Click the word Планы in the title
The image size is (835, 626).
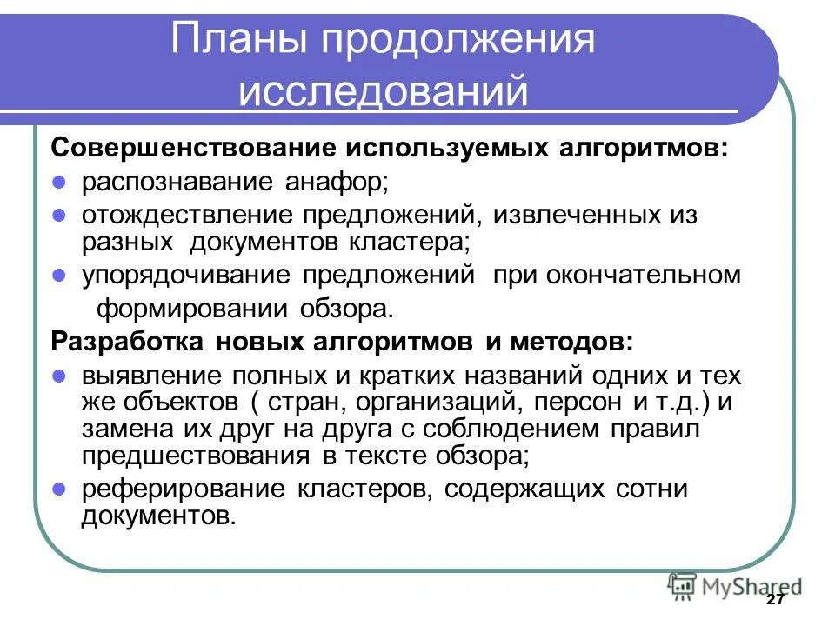229,41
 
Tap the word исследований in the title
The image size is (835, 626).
384,90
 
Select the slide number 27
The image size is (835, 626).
777,602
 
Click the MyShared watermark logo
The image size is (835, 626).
735,585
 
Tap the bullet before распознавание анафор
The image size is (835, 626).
60,183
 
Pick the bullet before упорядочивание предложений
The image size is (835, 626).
60,276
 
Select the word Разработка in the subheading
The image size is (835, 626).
124,342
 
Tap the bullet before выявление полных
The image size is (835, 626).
60,376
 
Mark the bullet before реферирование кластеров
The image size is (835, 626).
60,489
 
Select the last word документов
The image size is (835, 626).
158,516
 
